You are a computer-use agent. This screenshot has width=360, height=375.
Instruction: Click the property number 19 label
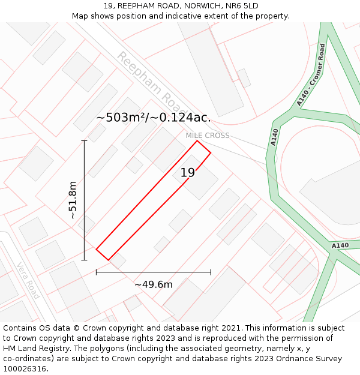click(188, 173)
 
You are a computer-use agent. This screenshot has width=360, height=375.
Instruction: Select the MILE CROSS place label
click(207, 136)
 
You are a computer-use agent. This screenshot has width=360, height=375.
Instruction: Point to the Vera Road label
click(28, 281)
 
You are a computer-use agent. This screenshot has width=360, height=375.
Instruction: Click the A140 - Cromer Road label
click(311, 75)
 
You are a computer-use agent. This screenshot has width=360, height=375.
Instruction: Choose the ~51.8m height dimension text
click(73, 200)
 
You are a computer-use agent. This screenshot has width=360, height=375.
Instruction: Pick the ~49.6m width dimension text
click(153, 284)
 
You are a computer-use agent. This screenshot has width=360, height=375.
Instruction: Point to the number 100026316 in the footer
click(25, 369)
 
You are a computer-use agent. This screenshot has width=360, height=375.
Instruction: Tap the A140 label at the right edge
click(340, 245)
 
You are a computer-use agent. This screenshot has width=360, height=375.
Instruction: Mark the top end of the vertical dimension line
click(85, 141)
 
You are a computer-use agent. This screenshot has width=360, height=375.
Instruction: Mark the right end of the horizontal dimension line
click(211, 272)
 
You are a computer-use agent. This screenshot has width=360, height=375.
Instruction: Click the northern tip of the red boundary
click(197, 140)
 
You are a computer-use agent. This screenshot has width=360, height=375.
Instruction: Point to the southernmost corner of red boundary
click(108, 260)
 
